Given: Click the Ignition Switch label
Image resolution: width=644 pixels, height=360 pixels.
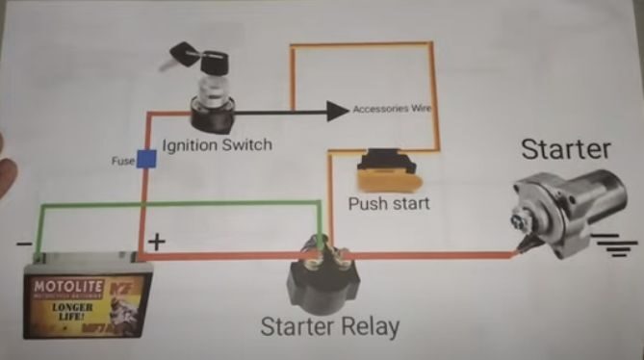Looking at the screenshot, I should click(217, 145).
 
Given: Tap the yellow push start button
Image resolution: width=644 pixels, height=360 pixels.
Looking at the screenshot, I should click(385, 173).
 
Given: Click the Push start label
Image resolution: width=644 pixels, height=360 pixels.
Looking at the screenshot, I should click(389, 204).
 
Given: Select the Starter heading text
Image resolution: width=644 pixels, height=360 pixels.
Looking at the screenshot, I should click(565, 149).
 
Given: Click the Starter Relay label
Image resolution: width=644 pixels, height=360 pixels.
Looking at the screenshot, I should click(329, 326).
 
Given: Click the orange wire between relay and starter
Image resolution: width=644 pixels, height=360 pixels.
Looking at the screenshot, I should click(424, 256).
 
